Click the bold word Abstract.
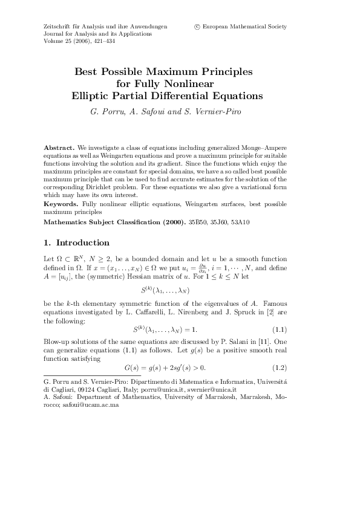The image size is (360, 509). [x=59, y=148]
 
